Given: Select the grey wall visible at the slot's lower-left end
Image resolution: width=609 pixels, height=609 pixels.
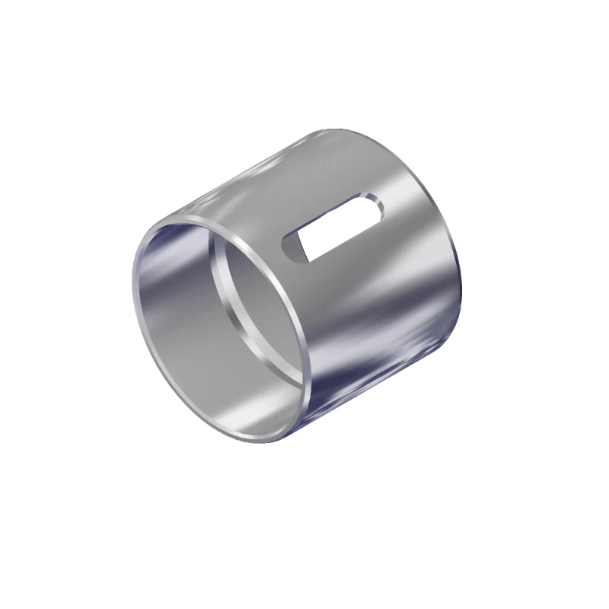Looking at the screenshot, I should tap(292, 248).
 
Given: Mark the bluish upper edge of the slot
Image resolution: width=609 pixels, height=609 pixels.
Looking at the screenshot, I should tap(331, 212).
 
